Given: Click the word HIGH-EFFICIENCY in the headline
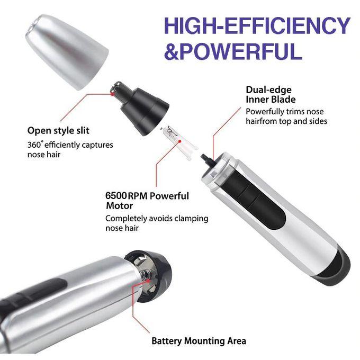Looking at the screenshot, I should (x=256, y=25).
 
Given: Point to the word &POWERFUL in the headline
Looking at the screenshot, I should (x=233, y=52).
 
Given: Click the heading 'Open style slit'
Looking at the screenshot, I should (x=58, y=130).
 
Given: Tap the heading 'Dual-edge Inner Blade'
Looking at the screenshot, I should (x=271, y=94).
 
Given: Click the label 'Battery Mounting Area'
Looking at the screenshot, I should (x=199, y=341).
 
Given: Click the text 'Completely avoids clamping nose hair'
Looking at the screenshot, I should (x=157, y=223).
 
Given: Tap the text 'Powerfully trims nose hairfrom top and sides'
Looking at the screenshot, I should (x=286, y=116).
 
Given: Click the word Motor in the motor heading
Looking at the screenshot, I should (x=119, y=205).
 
